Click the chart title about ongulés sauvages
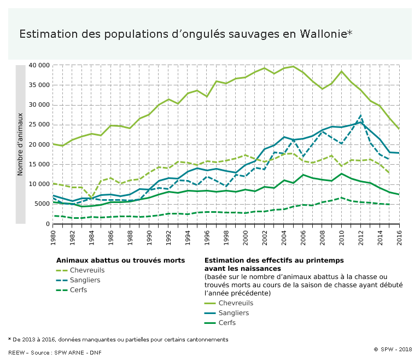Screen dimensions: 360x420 (185, 34)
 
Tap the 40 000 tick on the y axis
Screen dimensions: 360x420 (40, 65)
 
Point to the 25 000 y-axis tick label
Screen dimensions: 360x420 (40, 125)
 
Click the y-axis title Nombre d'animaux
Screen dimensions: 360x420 (20, 144)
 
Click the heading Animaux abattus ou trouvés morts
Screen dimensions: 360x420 (120, 260)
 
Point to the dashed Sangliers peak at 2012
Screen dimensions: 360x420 (361, 115)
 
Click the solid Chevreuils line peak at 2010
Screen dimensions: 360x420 (342, 71)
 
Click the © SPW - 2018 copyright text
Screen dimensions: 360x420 (393, 349)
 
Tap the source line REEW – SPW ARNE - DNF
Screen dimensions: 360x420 (55, 352)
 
